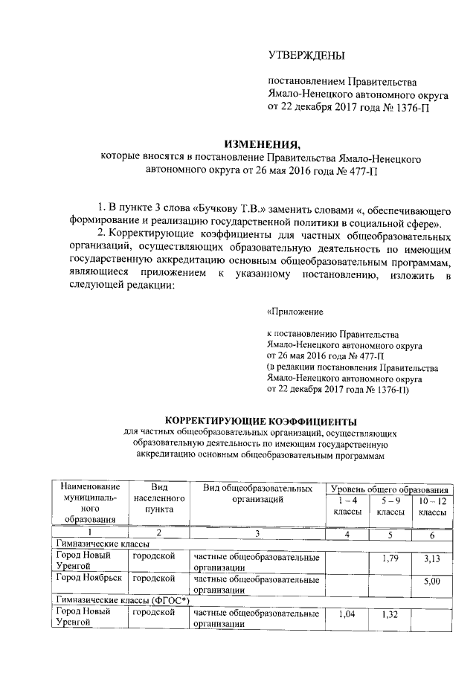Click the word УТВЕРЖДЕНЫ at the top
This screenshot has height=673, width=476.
point(306,56)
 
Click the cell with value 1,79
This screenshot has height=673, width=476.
point(390,558)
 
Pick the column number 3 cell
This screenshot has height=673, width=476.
point(257,533)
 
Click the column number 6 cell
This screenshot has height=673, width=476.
point(432,533)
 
